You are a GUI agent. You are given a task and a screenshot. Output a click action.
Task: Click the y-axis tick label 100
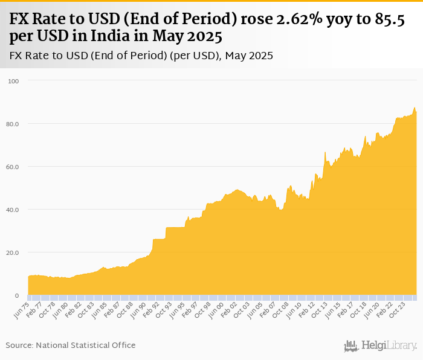(x=13, y=81)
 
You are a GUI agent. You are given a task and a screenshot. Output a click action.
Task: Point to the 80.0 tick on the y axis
(x=13, y=124)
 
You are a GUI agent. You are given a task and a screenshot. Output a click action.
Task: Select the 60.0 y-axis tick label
(x=13, y=167)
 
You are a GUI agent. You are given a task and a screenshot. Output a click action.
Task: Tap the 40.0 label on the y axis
(x=13, y=210)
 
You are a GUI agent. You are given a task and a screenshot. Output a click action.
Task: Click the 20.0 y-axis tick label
(x=13, y=252)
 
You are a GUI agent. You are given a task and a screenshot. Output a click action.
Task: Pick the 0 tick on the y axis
(x=17, y=295)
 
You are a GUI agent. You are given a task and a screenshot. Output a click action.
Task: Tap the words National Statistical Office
(x=86, y=345)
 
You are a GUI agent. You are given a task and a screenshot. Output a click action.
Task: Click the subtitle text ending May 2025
(x=141, y=56)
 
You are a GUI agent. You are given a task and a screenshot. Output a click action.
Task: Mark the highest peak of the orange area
(x=415, y=108)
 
